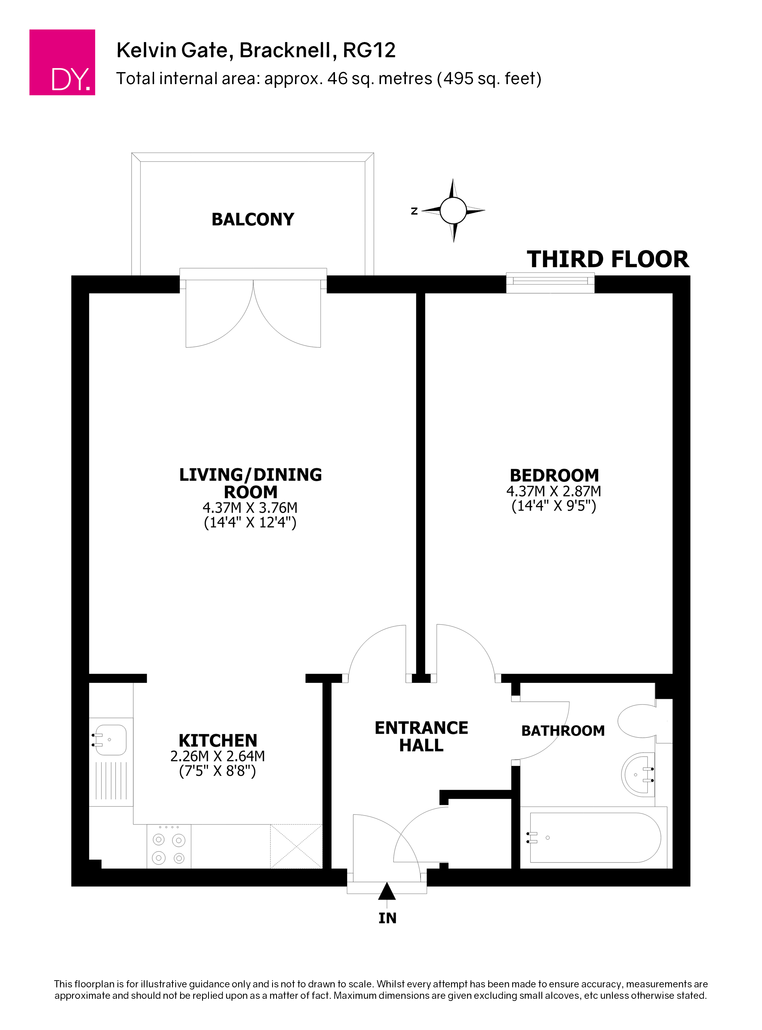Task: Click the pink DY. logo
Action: click(x=62, y=62)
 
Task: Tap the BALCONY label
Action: click(x=253, y=219)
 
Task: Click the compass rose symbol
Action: click(x=453, y=211)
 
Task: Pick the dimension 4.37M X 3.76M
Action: click(x=250, y=508)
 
